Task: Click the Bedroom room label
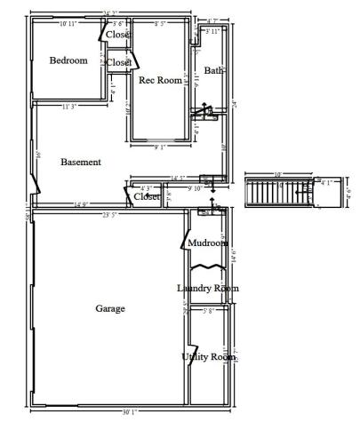68,60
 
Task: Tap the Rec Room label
159,80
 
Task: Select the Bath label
213,70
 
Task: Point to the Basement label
81,162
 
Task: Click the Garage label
109,308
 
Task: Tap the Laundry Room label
207,288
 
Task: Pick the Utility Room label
207,356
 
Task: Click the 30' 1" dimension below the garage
130,411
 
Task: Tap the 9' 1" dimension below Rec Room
161,147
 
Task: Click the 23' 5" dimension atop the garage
110,214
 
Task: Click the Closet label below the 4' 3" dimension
147,196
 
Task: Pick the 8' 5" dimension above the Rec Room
162,23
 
